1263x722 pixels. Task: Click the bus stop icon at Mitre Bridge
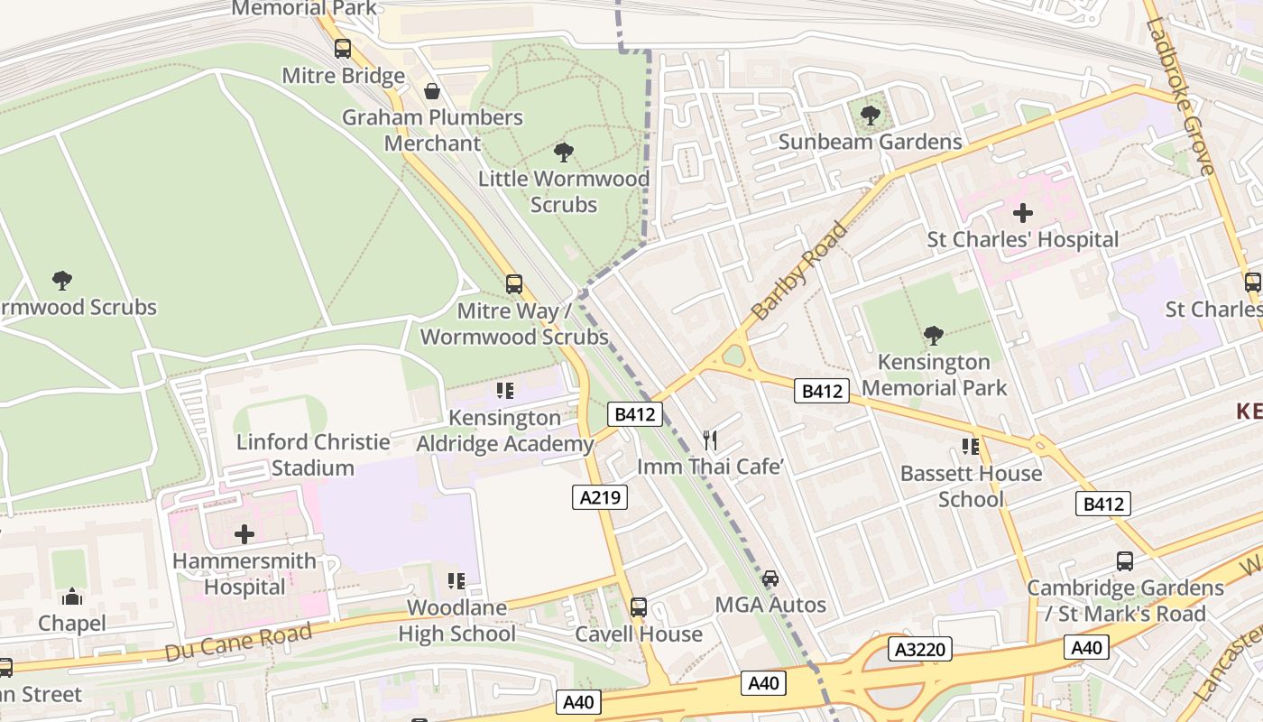[x=342, y=49]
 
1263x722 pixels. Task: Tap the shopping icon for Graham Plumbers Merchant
[x=432, y=91]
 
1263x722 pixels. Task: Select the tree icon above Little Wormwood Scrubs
[x=564, y=153]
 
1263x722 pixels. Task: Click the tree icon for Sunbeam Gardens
[x=870, y=116]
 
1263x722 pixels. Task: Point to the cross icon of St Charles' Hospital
[x=1022, y=213]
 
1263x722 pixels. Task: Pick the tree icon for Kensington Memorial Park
[x=934, y=336]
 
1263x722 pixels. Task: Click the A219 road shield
[x=600, y=496]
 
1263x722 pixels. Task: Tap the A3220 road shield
[x=919, y=649]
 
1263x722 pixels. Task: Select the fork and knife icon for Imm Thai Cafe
[x=710, y=440]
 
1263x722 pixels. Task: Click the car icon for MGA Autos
[x=770, y=579]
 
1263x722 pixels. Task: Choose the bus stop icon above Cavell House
[x=639, y=607]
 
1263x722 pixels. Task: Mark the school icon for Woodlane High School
[x=456, y=580]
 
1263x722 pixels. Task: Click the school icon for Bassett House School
[x=971, y=447]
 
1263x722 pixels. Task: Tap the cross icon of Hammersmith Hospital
[x=244, y=534]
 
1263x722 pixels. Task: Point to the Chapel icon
[x=71, y=597]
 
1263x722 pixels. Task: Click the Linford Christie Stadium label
[x=313, y=455]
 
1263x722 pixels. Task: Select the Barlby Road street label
[x=799, y=271]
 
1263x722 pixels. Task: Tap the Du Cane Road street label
[x=238, y=642]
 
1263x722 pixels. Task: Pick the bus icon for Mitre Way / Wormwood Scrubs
[x=514, y=284]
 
